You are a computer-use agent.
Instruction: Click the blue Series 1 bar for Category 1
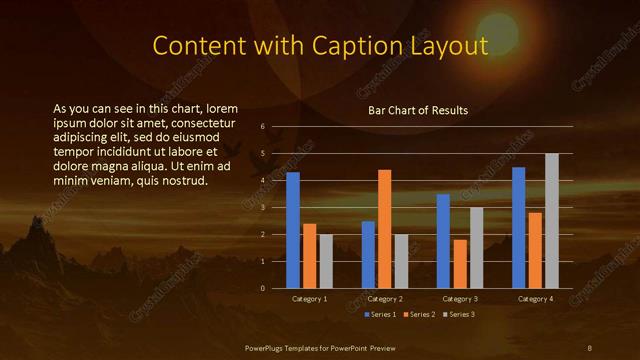pos(293,230)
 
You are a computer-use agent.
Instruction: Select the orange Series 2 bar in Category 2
pos(384,229)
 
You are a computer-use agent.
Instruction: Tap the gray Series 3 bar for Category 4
pos(551,221)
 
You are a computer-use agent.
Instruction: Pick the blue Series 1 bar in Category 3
pos(443,241)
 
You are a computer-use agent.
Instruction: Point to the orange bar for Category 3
pos(459,264)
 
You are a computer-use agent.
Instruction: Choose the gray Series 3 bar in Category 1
pos(325,261)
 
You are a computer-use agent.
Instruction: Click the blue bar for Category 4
pos(519,228)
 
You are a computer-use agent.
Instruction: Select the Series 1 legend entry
pos(381,314)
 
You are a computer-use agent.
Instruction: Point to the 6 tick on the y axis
pos(262,127)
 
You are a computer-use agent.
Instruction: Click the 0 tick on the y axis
pos(262,289)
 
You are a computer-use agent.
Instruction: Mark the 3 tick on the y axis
pos(262,208)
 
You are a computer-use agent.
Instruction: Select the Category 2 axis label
pos(385,299)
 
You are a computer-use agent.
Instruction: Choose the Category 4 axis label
pos(535,299)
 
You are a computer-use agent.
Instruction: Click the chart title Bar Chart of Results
pos(418,110)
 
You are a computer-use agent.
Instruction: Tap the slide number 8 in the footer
pos(590,347)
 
